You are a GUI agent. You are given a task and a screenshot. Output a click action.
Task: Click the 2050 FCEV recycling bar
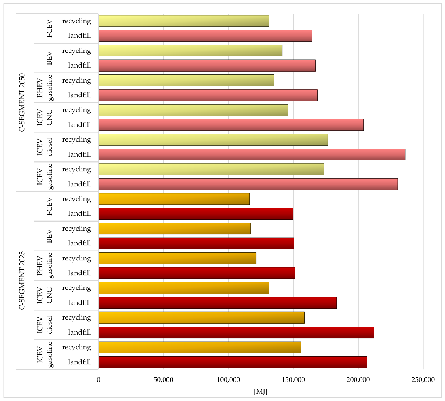tap(184, 21)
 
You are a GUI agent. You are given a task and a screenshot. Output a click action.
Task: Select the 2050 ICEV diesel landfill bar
tap(252, 154)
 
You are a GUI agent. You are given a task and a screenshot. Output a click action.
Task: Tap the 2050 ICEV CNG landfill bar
tap(231, 125)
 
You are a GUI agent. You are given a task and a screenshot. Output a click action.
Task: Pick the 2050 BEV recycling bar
tap(190, 51)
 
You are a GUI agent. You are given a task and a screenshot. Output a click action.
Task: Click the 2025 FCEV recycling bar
tap(174, 199)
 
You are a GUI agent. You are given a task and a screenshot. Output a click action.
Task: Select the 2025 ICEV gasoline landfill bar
tap(233, 362)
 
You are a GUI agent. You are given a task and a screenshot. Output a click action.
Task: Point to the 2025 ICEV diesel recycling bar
tap(201, 318)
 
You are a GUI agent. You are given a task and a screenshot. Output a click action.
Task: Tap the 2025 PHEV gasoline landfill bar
tap(197, 273)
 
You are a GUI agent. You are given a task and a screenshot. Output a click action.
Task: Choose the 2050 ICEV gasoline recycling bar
tap(211, 169)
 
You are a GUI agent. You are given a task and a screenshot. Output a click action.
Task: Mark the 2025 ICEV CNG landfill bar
tap(218, 303)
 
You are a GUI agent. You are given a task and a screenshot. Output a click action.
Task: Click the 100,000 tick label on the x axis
tap(228, 380)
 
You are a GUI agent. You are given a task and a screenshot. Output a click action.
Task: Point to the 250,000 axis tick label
tap(423, 380)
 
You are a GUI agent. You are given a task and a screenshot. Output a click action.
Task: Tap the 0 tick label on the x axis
tap(98, 380)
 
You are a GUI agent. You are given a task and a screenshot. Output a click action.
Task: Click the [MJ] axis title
tap(261, 391)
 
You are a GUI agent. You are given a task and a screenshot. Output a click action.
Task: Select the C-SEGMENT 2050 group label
tap(22, 103)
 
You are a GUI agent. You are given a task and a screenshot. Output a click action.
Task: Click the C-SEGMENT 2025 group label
tap(22, 280)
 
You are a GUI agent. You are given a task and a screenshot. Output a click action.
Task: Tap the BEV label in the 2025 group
tap(49, 236)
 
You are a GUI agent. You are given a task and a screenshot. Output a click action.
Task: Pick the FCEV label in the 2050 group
tap(49, 29)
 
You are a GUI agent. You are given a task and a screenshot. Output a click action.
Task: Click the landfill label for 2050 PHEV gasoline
tap(79, 95)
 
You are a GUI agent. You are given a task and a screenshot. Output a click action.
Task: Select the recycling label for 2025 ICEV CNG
tap(76, 288)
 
